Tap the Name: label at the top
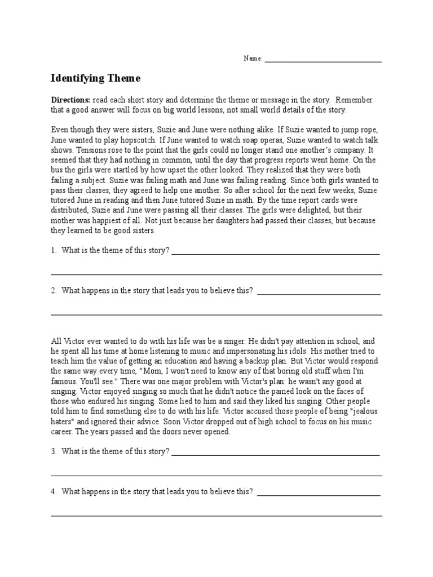pyautogui.click(x=253, y=59)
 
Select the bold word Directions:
pyautogui.click(x=70, y=100)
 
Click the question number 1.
pyautogui.click(x=54, y=251)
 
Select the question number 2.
pyautogui.click(x=54, y=291)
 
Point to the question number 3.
pyautogui.click(x=54, y=451)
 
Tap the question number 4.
pyautogui.click(x=54, y=491)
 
